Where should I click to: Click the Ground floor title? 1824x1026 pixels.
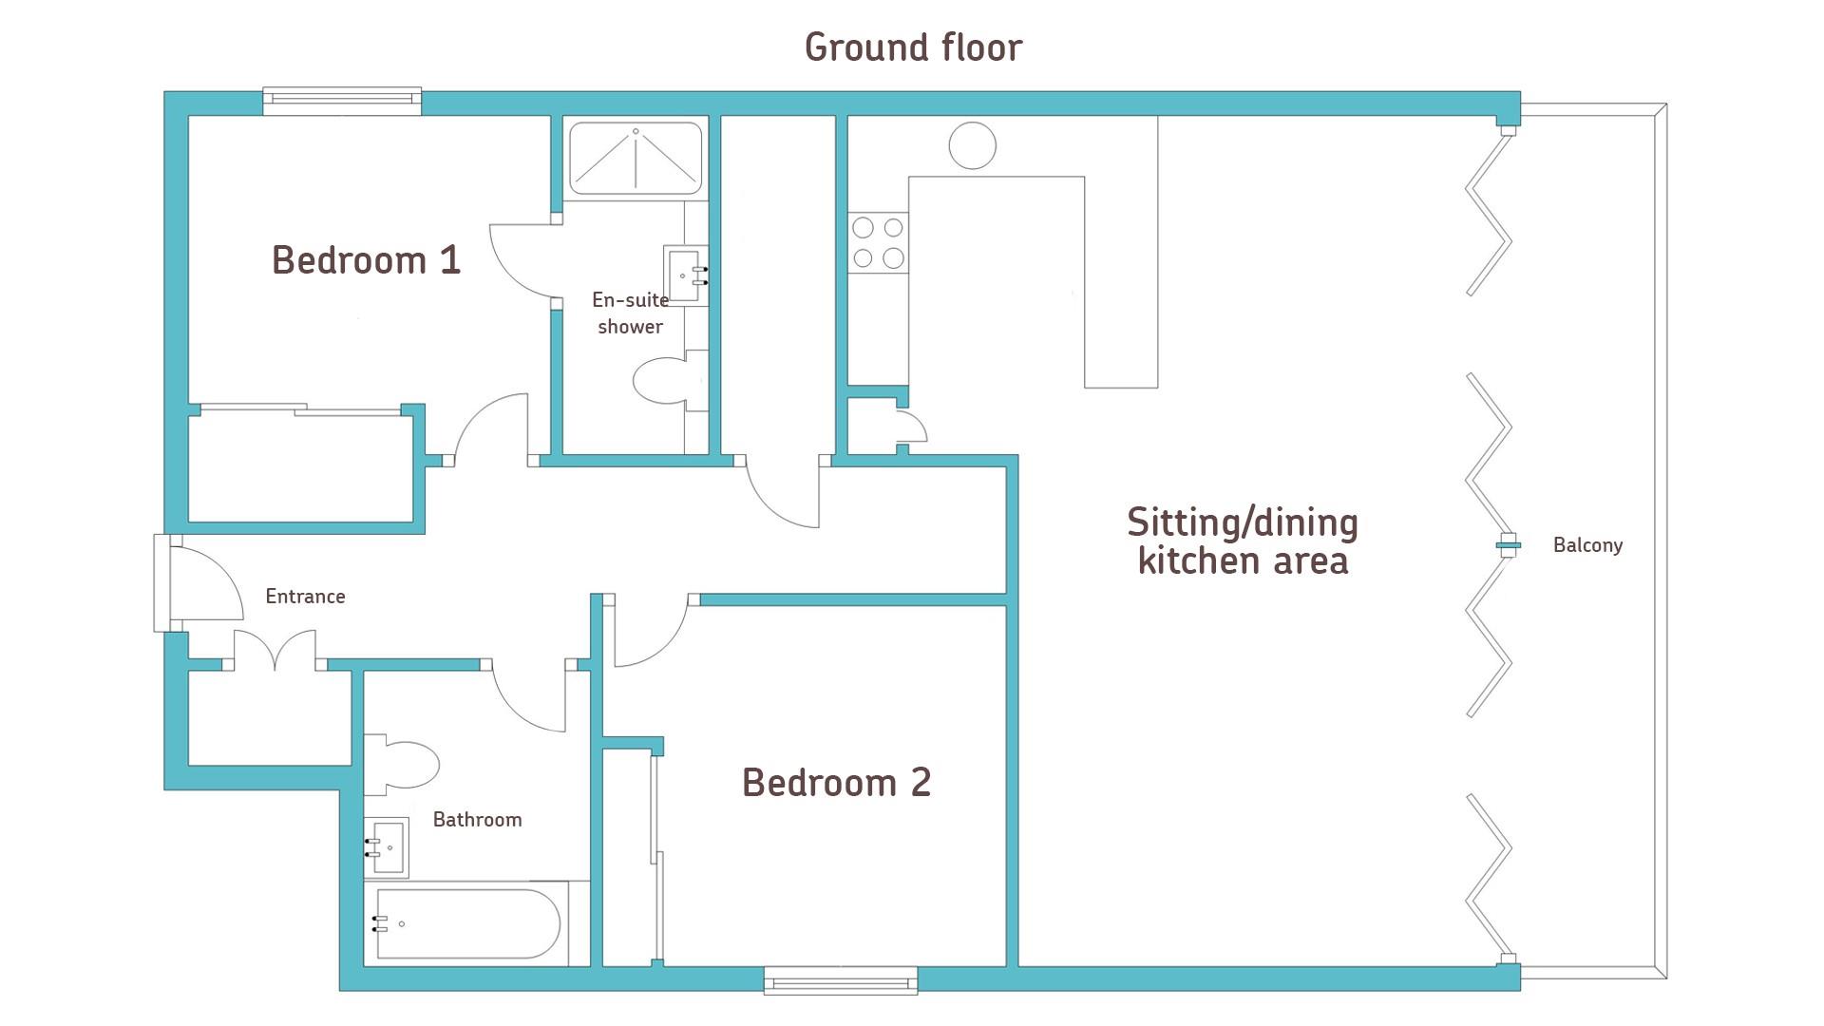pyautogui.click(x=913, y=47)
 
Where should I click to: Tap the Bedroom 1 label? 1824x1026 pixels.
pyautogui.click(x=366, y=259)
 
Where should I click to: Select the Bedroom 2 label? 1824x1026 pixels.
pyautogui.click(x=836, y=782)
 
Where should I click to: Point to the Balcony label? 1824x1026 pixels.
pyautogui.click(x=1587, y=545)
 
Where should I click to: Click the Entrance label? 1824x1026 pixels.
pyautogui.click(x=305, y=597)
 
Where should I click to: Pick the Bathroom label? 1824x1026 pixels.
pyautogui.click(x=477, y=819)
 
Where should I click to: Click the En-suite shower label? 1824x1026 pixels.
pyautogui.click(x=630, y=313)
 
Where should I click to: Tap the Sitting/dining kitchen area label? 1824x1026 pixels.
pyautogui.click(x=1243, y=541)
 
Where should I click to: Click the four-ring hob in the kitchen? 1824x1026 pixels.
pyautogui.click(x=878, y=242)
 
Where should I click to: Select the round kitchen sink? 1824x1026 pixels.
pyautogui.click(x=972, y=146)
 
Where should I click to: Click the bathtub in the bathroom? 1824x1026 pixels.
pyautogui.click(x=466, y=922)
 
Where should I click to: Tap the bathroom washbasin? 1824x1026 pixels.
pyautogui.click(x=387, y=846)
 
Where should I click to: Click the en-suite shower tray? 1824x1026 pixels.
pyautogui.click(x=636, y=157)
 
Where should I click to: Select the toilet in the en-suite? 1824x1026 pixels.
pyautogui.click(x=671, y=380)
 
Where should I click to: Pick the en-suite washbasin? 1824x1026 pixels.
pyautogui.click(x=686, y=275)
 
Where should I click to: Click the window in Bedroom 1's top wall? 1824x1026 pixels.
pyautogui.click(x=342, y=101)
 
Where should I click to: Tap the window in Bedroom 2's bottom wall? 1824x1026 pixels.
pyautogui.click(x=841, y=980)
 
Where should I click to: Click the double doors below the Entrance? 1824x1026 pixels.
pyautogui.click(x=275, y=650)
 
